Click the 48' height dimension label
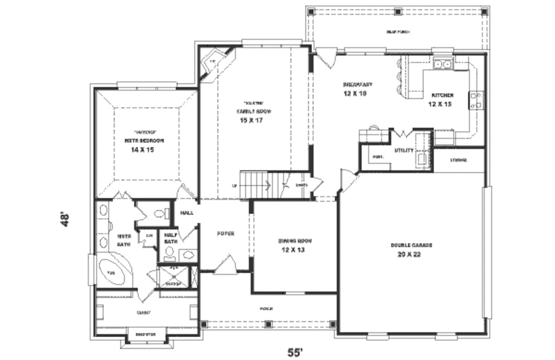(x=66, y=220)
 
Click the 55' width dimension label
(x=294, y=352)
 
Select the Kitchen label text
(x=442, y=95)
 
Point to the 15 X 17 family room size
(x=251, y=120)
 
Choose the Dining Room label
(x=294, y=241)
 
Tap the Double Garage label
(x=411, y=245)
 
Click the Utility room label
(x=404, y=150)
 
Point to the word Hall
(x=186, y=213)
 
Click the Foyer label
(x=225, y=234)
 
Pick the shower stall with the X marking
(x=174, y=277)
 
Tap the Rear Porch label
(x=398, y=33)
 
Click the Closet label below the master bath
(x=144, y=313)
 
